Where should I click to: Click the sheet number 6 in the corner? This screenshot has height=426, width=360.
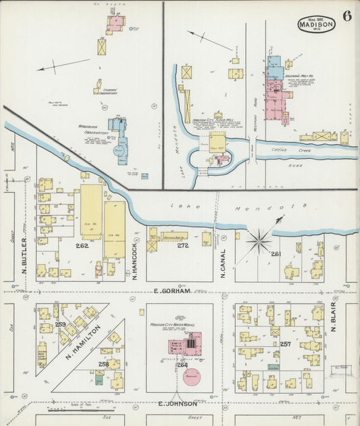tap(346, 17)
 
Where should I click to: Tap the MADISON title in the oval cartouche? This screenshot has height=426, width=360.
tap(316, 24)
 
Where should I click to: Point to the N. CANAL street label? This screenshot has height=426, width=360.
tap(222, 261)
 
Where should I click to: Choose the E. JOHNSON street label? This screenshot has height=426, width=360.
tap(178, 404)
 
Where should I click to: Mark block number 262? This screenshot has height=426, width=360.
tap(82, 245)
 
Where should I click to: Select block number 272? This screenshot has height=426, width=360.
tap(182, 245)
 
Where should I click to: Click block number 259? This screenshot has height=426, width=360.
tap(60, 325)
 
